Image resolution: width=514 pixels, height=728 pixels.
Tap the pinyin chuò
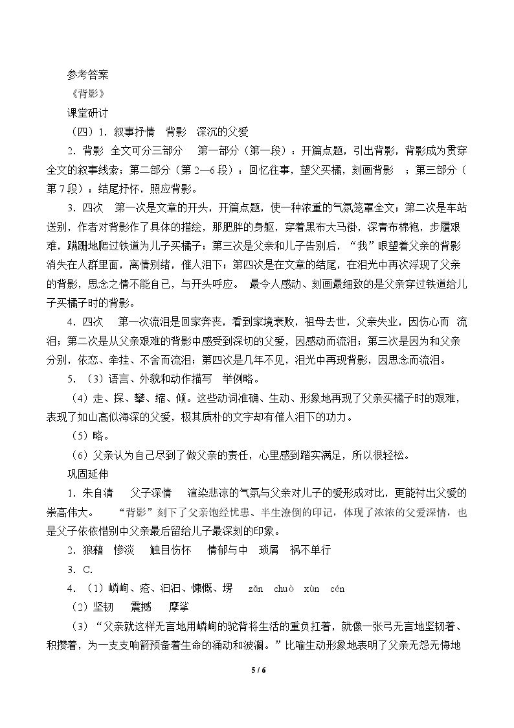pos(284,589)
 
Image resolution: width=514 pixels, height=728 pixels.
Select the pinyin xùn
pos(312,589)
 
